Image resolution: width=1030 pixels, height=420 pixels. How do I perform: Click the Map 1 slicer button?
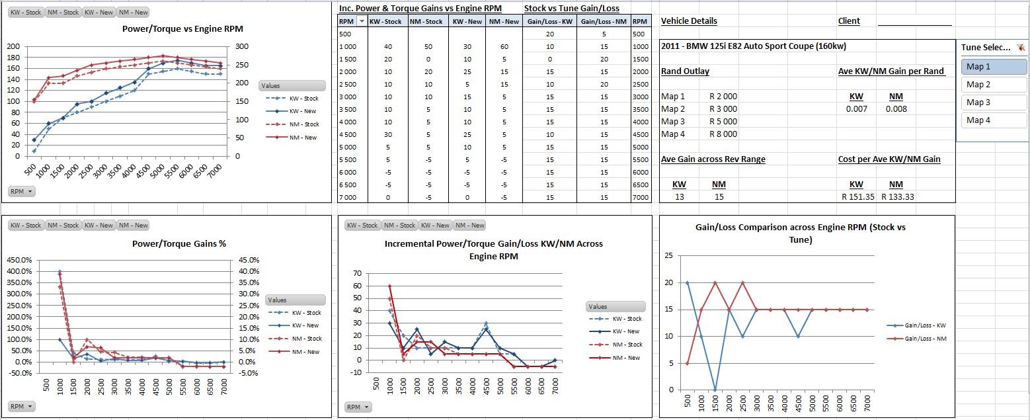984,66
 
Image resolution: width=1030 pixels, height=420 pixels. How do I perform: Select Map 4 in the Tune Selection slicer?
984,120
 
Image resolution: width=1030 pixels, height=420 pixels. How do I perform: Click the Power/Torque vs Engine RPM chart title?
182,29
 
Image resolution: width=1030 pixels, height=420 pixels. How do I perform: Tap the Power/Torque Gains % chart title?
179,243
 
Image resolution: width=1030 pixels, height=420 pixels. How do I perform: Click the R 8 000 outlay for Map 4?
723,134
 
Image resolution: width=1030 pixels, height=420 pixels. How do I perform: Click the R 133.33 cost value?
896,196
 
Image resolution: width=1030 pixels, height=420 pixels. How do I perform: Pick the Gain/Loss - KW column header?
549,22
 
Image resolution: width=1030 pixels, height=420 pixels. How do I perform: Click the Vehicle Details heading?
689,21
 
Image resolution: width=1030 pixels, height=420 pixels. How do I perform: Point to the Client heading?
849,21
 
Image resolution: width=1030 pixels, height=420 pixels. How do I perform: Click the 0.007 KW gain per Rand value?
856,109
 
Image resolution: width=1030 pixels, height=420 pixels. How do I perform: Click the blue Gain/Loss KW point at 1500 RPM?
715,390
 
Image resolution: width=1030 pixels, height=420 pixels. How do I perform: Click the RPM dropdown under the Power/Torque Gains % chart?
21,406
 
